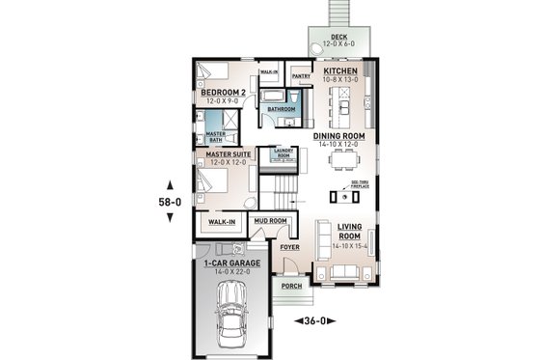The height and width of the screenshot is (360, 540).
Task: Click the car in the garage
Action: [x=231, y=318]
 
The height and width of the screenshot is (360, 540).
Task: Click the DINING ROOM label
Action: [x=338, y=137]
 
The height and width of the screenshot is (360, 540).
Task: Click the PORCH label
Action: [x=290, y=287]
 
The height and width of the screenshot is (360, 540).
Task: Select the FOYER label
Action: [x=289, y=247]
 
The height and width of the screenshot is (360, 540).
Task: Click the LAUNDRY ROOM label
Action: [x=283, y=153]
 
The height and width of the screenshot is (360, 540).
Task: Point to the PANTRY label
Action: [x=301, y=73]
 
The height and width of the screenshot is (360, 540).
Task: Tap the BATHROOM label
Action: [x=282, y=110]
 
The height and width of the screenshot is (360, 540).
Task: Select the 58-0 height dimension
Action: [x=170, y=203]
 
